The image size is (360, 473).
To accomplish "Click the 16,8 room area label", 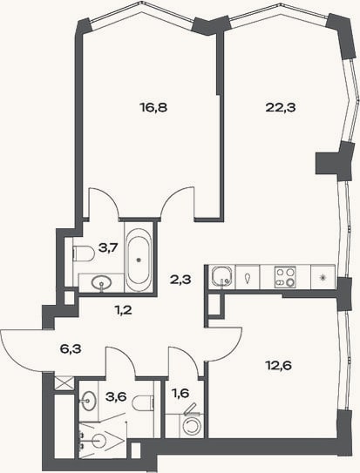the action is tap(153, 107).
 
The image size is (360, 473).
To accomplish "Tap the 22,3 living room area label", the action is tap(281, 107).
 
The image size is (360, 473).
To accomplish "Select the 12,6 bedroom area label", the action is tap(278, 366).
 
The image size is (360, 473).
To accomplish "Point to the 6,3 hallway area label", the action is tap(71, 349).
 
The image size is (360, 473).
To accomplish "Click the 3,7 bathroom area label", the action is tap(108, 248).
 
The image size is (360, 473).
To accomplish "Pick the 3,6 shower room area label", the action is tap(116, 397).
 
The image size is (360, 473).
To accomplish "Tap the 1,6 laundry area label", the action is tap(180, 394).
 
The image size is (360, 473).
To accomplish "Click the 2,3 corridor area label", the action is tap(180, 280).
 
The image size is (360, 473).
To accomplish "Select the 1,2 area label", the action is tap(124, 310).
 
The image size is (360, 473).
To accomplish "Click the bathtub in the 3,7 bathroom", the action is tap(139, 260).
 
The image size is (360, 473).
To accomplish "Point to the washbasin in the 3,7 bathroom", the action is tap(102, 283).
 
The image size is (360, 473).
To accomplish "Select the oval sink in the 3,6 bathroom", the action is tap(89, 401).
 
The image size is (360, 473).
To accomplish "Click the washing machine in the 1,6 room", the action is tap(192, 426).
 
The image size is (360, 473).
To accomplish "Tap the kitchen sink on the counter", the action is tap(222, 276).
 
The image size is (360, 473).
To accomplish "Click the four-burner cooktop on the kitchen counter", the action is tap(285, 277).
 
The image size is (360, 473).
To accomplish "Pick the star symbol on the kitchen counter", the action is tap(323, 277).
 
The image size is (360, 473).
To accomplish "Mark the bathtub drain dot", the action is tap(139, 260).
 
